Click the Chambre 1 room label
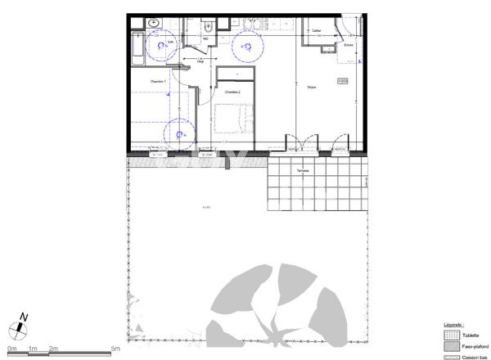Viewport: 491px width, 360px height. (x=158, y=82)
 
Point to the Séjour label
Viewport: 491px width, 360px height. (x=312, y=88)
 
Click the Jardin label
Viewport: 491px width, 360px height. (x=206, y=207)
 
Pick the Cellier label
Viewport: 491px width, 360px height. (x=317, y=31)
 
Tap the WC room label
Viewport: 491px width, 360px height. (x=205, y=38)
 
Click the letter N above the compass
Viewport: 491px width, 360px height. (x=25, y=317)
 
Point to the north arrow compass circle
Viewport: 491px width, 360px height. (x=18, y=331)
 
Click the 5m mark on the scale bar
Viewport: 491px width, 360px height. (x=115, y=349)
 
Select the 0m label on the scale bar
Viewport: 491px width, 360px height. (x=11, y=349)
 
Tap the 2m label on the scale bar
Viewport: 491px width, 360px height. (x=53, y=349)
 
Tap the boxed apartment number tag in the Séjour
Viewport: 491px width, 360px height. (x=343, y=79)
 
